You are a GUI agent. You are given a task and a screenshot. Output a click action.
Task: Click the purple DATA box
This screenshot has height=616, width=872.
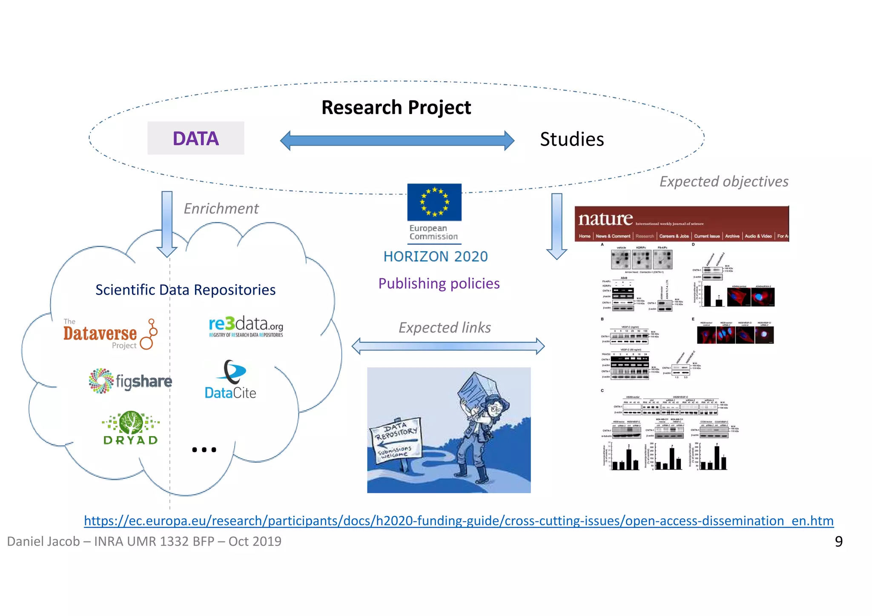coord(195,138)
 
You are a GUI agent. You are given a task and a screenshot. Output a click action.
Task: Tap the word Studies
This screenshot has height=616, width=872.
coord(571,140)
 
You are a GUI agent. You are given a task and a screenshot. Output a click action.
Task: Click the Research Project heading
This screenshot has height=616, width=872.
coord(396,107)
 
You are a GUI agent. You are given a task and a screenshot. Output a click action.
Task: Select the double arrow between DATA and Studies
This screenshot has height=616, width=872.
coord(397,140)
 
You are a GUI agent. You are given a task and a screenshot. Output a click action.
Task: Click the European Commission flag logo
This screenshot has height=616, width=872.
coord(434,203)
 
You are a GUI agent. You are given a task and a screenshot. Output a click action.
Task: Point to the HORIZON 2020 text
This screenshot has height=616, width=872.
coord(435,257)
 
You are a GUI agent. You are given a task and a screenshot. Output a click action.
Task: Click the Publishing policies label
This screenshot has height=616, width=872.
coord(439,284)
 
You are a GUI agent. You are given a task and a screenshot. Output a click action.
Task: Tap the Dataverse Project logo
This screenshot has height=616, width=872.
coord(110,334)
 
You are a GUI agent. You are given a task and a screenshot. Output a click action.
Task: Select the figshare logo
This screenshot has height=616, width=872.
coord(130,381)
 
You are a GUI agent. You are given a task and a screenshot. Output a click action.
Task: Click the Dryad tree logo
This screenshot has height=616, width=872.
coord(131,427)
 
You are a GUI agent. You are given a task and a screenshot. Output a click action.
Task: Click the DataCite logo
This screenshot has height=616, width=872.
coord(230,380)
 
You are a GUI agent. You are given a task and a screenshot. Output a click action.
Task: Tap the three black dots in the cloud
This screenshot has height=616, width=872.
coord(204,450)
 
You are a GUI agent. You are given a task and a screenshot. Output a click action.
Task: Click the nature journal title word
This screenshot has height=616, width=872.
coord(605,219)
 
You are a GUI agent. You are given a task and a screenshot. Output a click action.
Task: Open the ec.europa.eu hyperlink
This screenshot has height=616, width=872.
coord(458,521)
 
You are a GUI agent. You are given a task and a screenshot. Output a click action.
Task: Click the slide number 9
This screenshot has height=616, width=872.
coord(838,542)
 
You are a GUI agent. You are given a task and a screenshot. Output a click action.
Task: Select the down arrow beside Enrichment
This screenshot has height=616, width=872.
coord(167,224)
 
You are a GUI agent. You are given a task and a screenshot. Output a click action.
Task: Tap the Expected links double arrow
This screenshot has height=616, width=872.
coord(448,346)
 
